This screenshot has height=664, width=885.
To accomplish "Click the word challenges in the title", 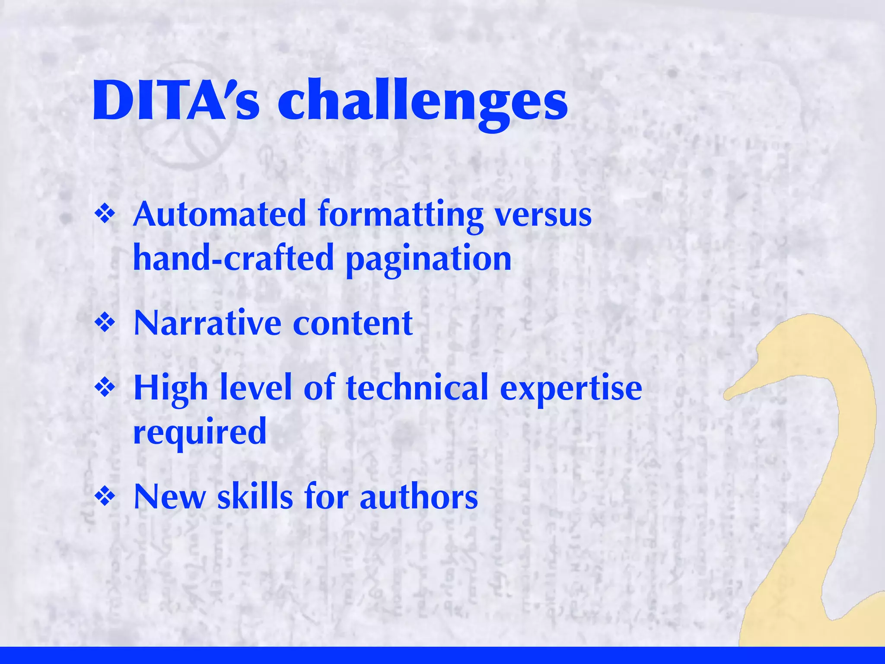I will pos(422,104).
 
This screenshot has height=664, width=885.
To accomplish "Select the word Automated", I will pos(220,214).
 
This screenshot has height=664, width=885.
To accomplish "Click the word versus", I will pos(543,215).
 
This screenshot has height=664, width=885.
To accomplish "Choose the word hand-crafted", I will pos(234,258).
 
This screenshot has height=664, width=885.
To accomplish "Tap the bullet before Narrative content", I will pos(105,323).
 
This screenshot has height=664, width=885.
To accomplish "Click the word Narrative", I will pos(208,323).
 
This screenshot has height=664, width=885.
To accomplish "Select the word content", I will pos(353,323).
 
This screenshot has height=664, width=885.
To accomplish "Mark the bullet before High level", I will pos(105,387).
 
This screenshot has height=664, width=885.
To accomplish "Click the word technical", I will pos(417,388).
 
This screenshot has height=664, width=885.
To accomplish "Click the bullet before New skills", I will pos(105,496).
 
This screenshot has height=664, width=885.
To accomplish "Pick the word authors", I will pos(419,497).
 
